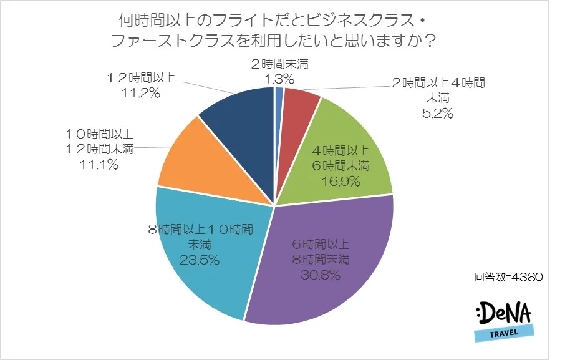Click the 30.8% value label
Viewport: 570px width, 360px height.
(317, 273)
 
